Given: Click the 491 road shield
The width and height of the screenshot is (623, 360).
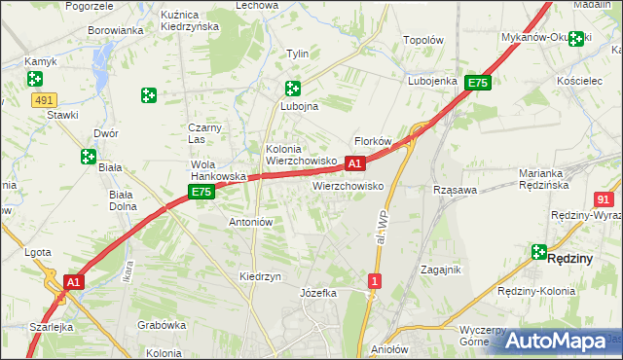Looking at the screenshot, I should (44, 99).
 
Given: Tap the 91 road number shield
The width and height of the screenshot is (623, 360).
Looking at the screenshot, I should (603, 198).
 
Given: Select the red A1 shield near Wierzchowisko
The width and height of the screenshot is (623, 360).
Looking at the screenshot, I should (355, 163).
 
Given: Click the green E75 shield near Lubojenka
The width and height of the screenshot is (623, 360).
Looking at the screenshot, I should (476, 84).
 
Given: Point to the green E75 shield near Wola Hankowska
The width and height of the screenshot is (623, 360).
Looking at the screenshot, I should (202, 193).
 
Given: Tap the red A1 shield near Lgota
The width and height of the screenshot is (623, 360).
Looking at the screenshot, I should (72, 281).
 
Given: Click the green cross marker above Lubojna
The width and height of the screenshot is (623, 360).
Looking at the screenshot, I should (292, 89).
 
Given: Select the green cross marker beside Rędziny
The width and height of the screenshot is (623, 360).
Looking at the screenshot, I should (538, 252).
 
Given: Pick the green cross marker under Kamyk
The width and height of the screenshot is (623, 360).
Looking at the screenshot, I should (35, 79).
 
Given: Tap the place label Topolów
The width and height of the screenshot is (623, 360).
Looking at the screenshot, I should (423, 41).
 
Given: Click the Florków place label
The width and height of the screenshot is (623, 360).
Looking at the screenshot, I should (372, 141).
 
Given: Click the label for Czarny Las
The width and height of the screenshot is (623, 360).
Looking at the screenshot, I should (205, 133).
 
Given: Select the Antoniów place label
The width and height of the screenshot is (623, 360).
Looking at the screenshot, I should (249, 222).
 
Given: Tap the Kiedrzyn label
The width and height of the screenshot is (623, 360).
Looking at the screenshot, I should (260, 276).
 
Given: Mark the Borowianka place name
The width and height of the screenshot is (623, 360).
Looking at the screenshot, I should (116, 30).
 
